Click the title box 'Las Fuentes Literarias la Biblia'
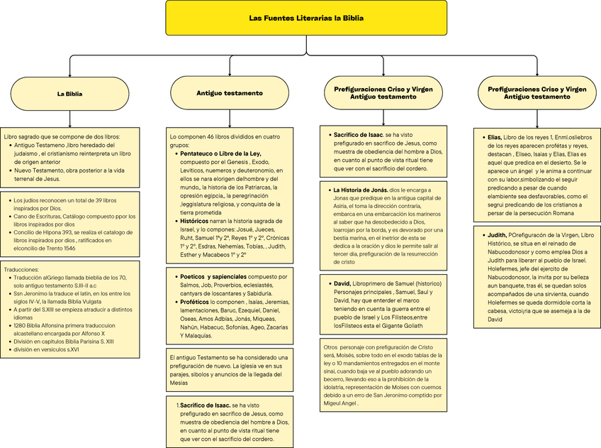[306, 18]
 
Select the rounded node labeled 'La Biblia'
[69, 93]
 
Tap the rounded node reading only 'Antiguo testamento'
[230, 93]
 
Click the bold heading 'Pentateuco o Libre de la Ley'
[220, 153]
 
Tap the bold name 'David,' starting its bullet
[342, 284]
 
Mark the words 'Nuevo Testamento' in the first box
[40, 170]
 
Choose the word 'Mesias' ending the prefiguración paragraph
[179, 382]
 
